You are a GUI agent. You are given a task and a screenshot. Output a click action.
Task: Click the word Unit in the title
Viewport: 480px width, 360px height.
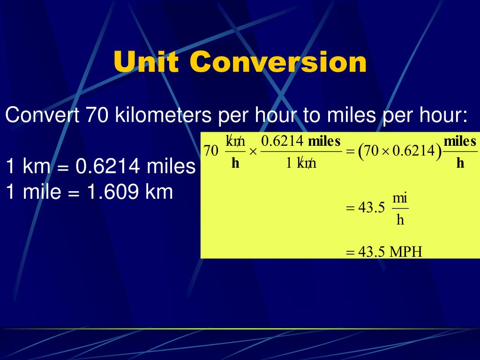(147, 62)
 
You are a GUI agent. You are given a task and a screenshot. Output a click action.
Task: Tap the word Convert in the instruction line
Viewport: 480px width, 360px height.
(42, 115)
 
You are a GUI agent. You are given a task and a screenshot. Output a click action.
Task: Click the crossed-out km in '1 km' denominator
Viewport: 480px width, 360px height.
(308, 163)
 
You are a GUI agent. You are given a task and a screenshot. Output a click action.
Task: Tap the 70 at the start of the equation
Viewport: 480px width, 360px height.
(211, 151)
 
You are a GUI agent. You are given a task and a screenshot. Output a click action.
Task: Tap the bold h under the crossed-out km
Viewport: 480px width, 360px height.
(235, 163)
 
